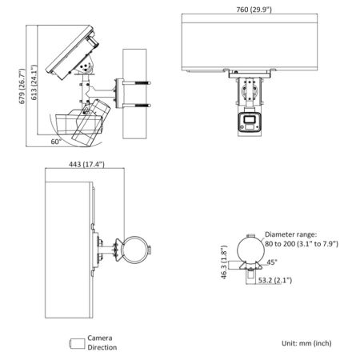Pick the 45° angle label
pyautogui.click(x=271, y=262)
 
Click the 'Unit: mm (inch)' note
pyautogui.click(x=306, y=342)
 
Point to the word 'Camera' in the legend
pyautogui.click(x=99, y=338)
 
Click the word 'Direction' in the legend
pyautogui.click(x=102, y=348)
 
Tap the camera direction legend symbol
pyautogui.click(x=76, y=343)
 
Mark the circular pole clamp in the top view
pyautogui.click(x=134, y=249)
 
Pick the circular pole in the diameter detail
pyautogui.click(x=250, y=248)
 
